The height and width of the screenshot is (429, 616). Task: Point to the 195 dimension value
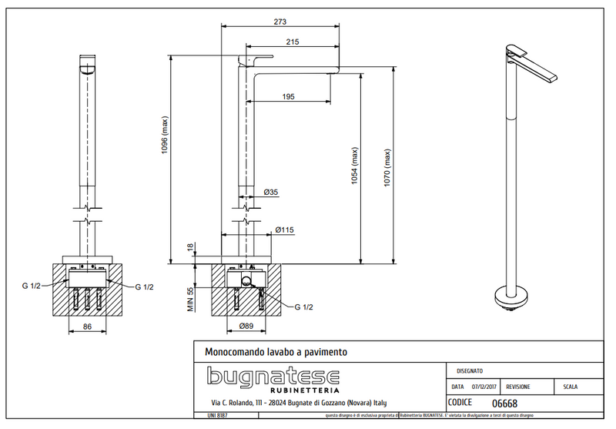[288, 96]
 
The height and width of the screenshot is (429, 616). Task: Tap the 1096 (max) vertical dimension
[165, 136]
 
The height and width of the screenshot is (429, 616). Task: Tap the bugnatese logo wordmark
[273, 377]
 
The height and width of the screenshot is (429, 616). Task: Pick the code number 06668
[504, 404]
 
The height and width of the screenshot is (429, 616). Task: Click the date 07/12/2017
[486, 387]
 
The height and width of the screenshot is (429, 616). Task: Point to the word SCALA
[571, 387]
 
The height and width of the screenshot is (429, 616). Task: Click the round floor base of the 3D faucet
[511, 295]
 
